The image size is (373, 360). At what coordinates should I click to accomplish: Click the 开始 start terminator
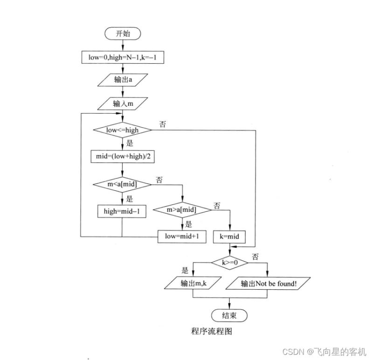123,34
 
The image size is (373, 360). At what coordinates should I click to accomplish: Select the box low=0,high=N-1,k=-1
123,57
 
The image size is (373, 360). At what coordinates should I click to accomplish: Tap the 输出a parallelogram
123,79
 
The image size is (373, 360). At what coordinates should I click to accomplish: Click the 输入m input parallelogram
123,103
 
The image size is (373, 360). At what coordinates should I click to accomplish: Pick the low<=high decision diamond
122,130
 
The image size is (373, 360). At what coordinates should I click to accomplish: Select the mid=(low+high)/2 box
122,157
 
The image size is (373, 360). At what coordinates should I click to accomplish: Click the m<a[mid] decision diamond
122,184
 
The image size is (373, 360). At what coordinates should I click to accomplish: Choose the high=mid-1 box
122,211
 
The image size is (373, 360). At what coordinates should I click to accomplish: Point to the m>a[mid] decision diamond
182,211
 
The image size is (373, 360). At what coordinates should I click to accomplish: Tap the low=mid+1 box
182,236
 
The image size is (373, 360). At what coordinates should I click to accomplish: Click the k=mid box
229,237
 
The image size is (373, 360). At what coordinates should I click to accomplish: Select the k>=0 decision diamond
229,262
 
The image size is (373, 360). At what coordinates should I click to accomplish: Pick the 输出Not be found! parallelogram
269,283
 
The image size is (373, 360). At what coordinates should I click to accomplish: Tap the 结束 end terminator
229,315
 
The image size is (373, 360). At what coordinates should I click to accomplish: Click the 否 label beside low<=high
163,124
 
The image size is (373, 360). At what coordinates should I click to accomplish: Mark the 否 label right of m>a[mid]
217,205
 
